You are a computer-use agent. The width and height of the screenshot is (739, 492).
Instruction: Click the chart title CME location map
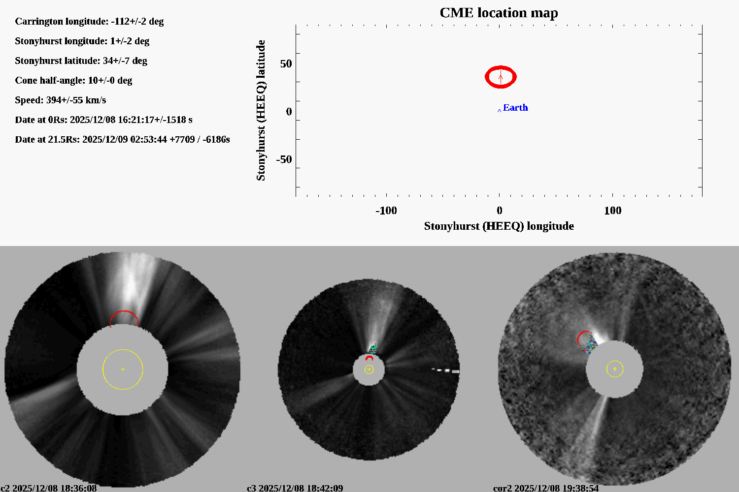[499, 13]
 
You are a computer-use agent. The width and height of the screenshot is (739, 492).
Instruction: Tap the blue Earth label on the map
[515, 108]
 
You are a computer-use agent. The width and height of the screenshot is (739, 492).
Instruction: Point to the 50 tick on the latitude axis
[286, 64]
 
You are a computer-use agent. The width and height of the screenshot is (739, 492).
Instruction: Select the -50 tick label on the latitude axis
[284, 159]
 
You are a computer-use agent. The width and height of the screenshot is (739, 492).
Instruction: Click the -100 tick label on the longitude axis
[386, 211]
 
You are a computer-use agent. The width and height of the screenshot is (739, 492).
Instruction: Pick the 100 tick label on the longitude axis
[612, 211]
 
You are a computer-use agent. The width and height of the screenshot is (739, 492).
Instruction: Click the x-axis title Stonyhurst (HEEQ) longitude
[499, 226]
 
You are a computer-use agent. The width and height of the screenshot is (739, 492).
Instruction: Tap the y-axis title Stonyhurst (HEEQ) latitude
[261, 110]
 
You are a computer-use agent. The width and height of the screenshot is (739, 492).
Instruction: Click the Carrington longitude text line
[89, 22]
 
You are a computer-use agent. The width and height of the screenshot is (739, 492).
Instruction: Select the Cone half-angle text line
[73, 81]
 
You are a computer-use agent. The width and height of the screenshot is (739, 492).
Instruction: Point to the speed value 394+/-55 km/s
[76, 100]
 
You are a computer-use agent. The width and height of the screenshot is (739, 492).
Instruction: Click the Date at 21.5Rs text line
[122, 140]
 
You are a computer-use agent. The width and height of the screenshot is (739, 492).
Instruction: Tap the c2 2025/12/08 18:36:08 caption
[49, 488]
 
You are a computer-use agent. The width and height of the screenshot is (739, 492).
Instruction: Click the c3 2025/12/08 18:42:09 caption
[295, 488]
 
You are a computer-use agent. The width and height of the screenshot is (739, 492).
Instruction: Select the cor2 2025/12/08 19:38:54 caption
[546, 488]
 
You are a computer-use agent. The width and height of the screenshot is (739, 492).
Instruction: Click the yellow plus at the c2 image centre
[123, 369]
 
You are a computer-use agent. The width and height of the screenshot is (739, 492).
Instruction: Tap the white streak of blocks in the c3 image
[445, 370]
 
